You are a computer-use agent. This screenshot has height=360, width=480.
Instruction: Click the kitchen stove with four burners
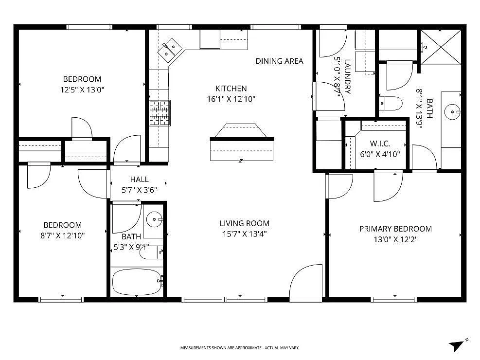coord(160,113)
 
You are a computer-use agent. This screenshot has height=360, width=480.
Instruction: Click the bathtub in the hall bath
coord(137,282)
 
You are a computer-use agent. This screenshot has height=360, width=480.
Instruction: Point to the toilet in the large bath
coord(391,103)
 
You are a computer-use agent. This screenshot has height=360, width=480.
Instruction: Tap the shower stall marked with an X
coord(440,47)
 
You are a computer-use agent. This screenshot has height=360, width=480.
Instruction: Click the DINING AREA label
coord(279,61)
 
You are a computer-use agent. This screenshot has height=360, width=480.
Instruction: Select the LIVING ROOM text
coord(244,224)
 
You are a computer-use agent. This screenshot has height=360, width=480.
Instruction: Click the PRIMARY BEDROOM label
coord(395,229)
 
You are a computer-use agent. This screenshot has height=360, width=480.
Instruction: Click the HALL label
coord(139,180)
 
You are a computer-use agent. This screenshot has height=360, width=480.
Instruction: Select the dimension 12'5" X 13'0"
coord(82,90)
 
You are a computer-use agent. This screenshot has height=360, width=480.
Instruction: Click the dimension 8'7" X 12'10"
coord(63,235)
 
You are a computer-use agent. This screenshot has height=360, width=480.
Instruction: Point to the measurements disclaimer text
coord(240,348)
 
